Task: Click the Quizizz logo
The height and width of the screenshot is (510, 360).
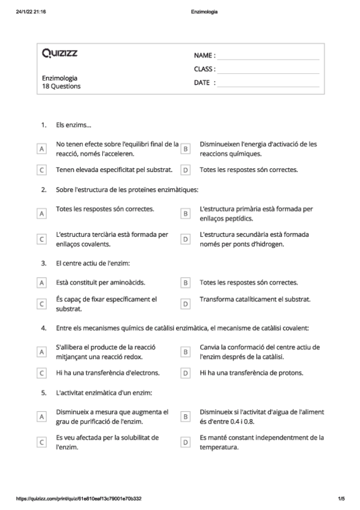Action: point(59,54)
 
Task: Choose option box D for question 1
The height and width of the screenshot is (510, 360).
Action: point(186,170)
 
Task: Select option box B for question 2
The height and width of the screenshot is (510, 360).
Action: point(186,214)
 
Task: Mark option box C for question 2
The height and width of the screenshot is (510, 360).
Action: point(41,239)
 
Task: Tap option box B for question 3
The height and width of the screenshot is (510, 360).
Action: point(186,282)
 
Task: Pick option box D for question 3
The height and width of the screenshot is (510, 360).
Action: point(186,304)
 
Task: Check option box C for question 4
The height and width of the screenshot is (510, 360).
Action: point(41,373)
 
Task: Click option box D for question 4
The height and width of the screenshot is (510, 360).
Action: point(186,373)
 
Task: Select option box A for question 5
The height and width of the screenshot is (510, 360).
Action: point(41,416)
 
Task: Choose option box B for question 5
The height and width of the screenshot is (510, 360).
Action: point(186,416)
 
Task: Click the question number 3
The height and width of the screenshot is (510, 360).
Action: point(44,263)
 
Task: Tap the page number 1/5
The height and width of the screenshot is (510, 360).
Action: point(341,499)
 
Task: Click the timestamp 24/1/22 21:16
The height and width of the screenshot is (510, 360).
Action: point(32,11)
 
